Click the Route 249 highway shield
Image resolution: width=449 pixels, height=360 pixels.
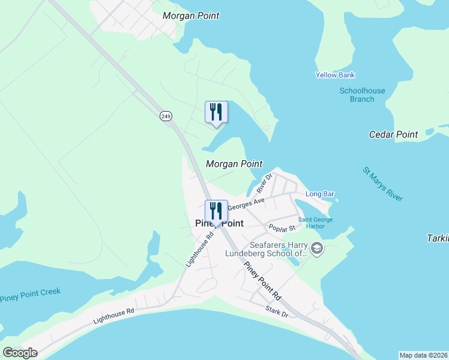click(x=166, y=116)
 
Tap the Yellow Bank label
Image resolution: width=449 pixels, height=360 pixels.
click(x=336, y=75)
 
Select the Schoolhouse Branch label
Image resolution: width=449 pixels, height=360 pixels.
click(x=362, y=95)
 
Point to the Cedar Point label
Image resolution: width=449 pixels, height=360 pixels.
click(x=393, y=134)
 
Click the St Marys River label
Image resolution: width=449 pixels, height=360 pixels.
click(x=383, y=184)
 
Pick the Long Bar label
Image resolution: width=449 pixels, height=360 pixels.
click(x=319, y=194)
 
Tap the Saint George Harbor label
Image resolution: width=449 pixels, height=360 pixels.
click(x=316, y=223)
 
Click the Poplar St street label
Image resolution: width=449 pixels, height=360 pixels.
click(x=282, y=229)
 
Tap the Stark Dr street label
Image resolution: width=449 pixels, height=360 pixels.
click(x=277, y=311)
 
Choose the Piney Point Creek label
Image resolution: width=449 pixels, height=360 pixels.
click(x=30, y=295)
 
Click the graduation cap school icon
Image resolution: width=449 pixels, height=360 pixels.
click(x=316, y=248)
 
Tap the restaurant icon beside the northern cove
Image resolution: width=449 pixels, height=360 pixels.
click(x=216, y=112)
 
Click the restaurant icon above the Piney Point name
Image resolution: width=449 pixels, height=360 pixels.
click(x=216, y=211)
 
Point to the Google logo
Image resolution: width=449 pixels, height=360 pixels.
click(x=20, y=353)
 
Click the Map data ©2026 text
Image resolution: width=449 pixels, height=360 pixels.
click(x=424, y=355)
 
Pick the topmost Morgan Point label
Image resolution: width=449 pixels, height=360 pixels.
click(x=191, y=16)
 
